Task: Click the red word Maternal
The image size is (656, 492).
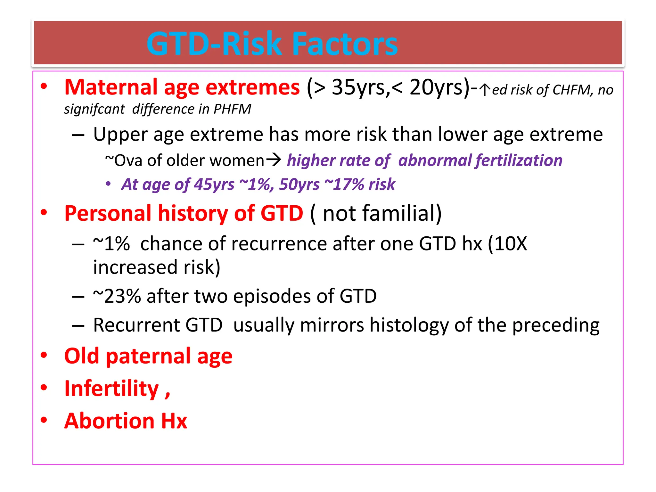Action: coord(111,87)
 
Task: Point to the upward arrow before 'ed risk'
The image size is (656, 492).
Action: coord(485,90)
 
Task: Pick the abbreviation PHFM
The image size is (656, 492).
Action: coord(233,109)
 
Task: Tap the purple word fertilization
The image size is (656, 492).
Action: coord(519,160)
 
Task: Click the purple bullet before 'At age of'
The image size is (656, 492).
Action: coord(108,184)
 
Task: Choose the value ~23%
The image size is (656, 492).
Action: coord(117,296)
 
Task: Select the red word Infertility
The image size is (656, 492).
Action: coord(111,388)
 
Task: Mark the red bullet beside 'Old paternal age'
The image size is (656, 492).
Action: coord(44,355)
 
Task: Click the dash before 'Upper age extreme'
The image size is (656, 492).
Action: coord(78,135)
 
